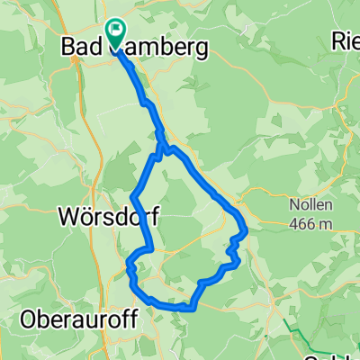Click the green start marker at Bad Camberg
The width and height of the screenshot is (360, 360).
coord(116,32)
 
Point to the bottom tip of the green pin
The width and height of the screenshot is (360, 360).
coord(116,47)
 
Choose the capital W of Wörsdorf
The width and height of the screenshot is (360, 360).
coord(67,217)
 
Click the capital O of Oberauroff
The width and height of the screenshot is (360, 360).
coord(29,319)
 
